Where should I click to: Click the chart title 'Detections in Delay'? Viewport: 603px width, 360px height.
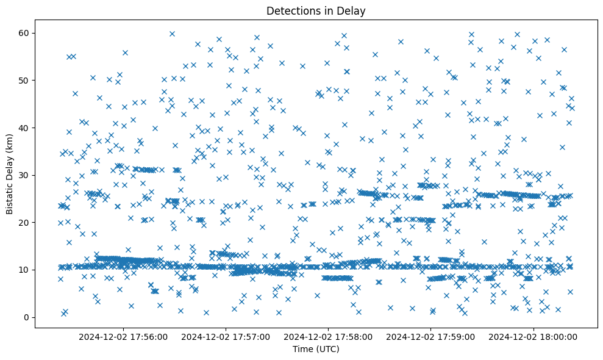pyautogui.click(x=316, y=10)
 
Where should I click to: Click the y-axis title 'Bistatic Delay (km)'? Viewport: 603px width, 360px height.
pyautogui.click(x=10, y=175)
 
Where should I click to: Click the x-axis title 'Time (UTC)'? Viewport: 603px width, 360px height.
pyautogui.click(x=316, y=349)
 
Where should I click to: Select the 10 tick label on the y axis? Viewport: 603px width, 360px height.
pyautogui.click(x=26, y=270)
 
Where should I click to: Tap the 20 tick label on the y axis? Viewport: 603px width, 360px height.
pyautogui.click(x=26, y=223)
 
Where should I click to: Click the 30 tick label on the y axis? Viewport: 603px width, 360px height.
pyautogui.click(x=26, y=175)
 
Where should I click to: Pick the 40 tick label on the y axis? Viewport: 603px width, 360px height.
pyautogui.click(x=26, y=128)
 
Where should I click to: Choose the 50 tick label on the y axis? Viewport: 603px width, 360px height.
pyautogui.click(x=26, y=81)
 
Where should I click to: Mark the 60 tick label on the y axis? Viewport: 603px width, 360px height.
pyautogui.click(x=26, y=33)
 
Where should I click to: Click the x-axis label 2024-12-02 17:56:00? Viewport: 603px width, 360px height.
pyautogui.click(x=124, y=336)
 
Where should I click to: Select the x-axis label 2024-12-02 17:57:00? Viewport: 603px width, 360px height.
pyautogui.click(x=226, y=336)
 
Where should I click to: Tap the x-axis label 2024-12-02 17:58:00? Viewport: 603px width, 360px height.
pyautogui.click(x=329, y=336)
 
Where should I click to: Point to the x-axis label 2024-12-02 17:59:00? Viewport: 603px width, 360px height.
pyautogui.click(x=431, y=336)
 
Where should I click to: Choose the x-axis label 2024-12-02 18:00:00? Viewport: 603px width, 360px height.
pyautogui.click(x=533, y=336)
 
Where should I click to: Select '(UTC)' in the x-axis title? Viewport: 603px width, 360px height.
pyautogui.click(x=327, y=349)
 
